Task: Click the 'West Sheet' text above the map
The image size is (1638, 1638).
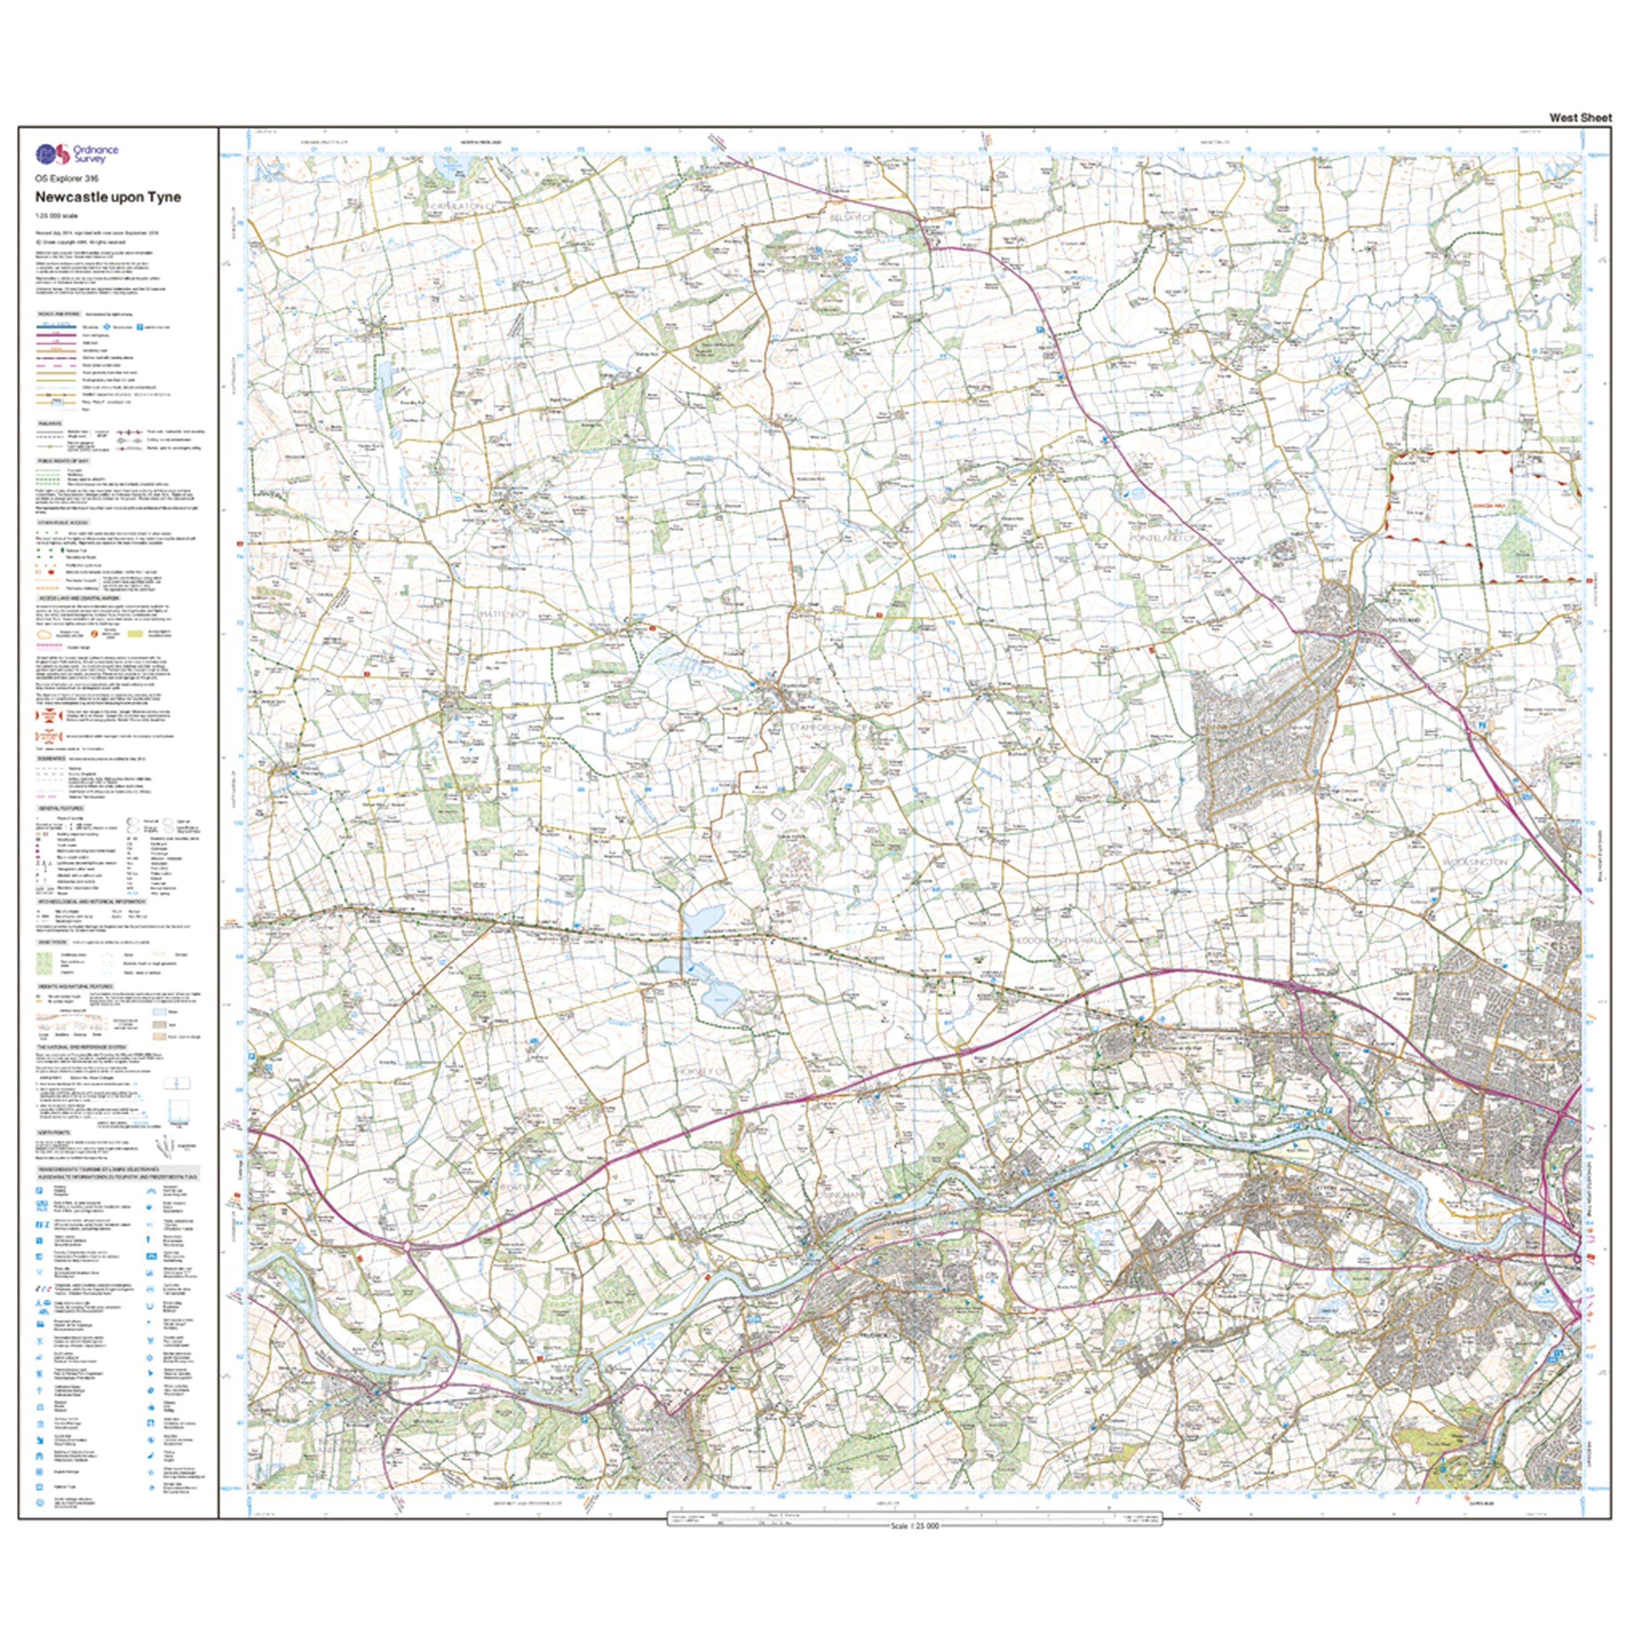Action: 1580,118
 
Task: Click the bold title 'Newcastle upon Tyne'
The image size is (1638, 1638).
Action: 108,197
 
